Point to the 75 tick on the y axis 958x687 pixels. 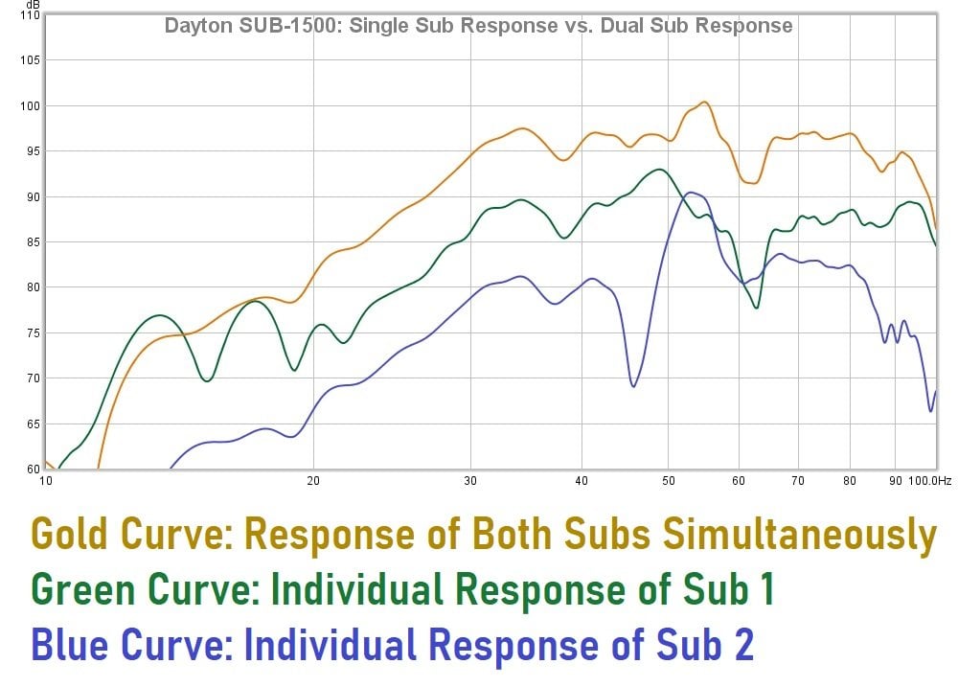(x=32, y=332)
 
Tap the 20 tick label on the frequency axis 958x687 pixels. (x=313, y=482)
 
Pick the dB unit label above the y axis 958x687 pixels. (x=34, y=6)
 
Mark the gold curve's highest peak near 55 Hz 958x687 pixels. (x=704, y=102)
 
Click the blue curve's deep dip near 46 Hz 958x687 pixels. (x=633, y=386)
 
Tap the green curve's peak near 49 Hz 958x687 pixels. (x=659, y=170)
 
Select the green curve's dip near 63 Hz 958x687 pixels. (x=757, y=308)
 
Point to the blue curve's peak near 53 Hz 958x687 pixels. (x=691, y=193)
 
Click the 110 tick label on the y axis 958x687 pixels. (x=29, y=15)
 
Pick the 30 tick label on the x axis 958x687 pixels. (x=469, y=482)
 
